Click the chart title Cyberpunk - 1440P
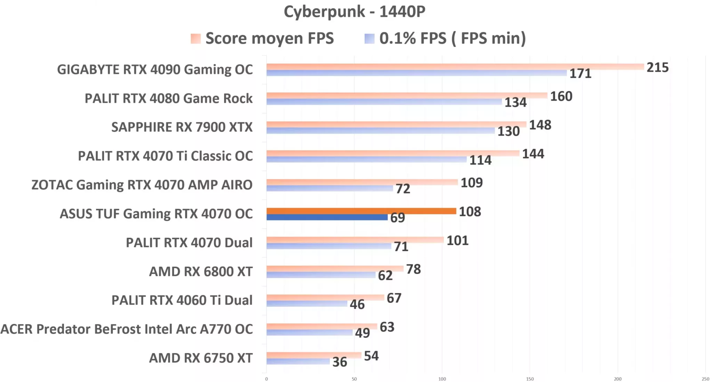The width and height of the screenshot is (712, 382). pyautogui.click(x=354, y=12)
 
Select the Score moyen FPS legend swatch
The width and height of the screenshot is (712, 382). pyautogui.click(x=196, y=39)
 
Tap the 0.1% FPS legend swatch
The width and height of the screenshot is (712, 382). pyautogui.click(x=369, y=39)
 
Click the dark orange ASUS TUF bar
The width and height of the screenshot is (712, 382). pyautogui.click(x=361, y=211)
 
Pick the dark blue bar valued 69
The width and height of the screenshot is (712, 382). pyautogui.click(x=327, y=217)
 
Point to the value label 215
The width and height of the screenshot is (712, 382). pyautogui.click(x=657, y=67)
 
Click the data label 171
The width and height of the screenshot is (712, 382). pyautogui.click(x=580, y=74)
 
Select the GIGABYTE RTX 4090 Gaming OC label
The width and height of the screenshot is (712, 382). pyautogui.click(x=155, y=70)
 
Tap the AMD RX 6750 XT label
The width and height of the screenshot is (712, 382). pyautogui.click(x=201, y=358)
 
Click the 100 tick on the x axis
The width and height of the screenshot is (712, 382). pyautogui.click(x=442, y=379)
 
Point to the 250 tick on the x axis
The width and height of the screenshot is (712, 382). pyautogui.click(x=705, y=379)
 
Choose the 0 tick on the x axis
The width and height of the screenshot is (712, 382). pyautogui.click(x=267, y=379)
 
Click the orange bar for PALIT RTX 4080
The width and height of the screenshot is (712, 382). pyautogui.click(x=407, y=95)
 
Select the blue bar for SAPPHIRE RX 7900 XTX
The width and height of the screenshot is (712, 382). pyautogui.click(x=380, y=131)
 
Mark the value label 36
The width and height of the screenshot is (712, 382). pyautogui.click(x=340, y=362)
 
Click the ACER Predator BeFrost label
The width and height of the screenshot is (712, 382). pyautogui.click(x=127, y=329)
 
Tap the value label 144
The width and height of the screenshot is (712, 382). pyautogui.click(x=533, y=154)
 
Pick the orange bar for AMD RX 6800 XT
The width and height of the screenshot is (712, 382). pyautogui.click(x=335, y=268)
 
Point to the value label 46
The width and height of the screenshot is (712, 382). pyautogui.click(x=357, y=305)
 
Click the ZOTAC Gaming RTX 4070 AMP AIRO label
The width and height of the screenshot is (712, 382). pyautogui.click(x=142, y=185)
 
